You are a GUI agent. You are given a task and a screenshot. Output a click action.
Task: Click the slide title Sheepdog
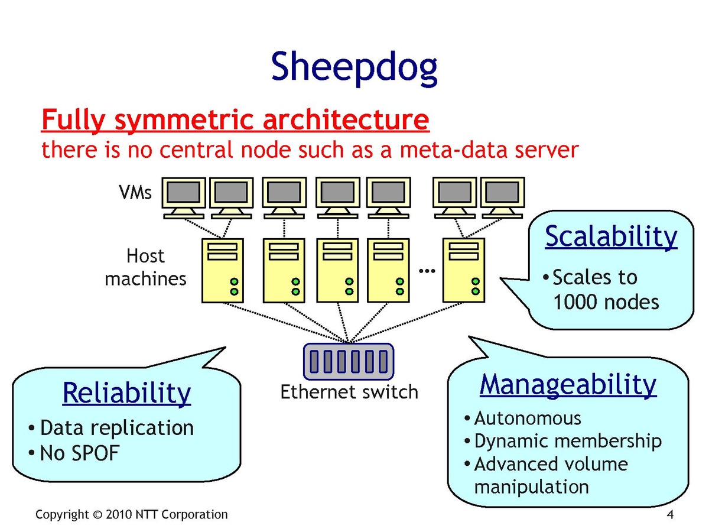pos(354,67)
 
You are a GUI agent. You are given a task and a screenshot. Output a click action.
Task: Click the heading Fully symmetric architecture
pos(235,121)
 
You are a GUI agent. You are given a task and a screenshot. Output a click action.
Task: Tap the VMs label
pos(136,193)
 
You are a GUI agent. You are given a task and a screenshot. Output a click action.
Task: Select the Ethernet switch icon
pos(349,361)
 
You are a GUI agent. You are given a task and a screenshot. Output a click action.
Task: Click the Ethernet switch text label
pos(349,392)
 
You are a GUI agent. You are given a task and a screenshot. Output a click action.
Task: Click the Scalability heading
pos(611,236)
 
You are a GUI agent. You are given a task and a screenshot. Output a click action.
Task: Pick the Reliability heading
pos(126,393)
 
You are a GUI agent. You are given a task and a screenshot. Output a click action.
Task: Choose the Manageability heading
pos(568,384)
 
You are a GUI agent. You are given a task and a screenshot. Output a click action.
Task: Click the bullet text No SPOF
pos(80,453)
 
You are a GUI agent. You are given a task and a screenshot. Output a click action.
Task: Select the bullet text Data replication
pos(116,427)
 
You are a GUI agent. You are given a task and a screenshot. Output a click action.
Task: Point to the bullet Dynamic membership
pos(568,441)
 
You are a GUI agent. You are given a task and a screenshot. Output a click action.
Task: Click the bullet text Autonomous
pos(528,419)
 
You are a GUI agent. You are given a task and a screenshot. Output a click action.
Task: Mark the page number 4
pos(670,514)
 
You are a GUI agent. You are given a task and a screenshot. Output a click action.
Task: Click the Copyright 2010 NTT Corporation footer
pos(131,514)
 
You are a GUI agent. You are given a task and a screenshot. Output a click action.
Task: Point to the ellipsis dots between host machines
pos(426,271)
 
